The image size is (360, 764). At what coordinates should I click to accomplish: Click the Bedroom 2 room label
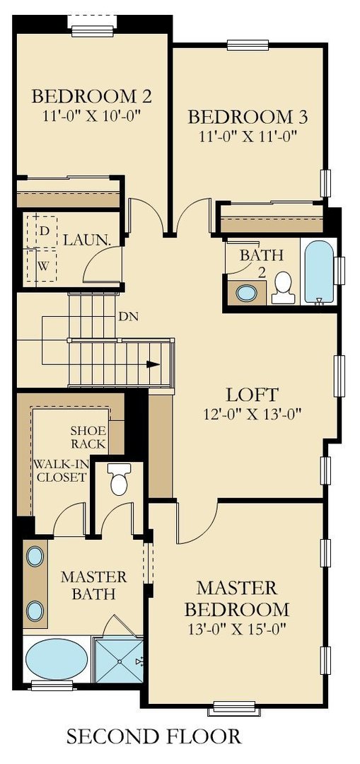pos(93,95)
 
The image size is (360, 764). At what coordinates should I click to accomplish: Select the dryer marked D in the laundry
pos(43,231)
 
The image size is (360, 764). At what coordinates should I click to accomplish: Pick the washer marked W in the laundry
pos(43,267)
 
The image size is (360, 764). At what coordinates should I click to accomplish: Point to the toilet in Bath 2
pos(283,287)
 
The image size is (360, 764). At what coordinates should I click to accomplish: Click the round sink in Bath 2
pos(247,292)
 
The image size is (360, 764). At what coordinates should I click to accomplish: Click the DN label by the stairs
pos(128,316)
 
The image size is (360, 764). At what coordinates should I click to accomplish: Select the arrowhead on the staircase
pos(152,365)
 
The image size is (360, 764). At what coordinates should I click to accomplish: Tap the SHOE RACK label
pos(88,437)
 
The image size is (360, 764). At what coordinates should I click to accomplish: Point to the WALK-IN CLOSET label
pos(60,470)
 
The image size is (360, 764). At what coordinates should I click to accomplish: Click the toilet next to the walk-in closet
pos(119,482)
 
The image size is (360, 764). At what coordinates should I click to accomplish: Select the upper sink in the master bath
pos(35,556)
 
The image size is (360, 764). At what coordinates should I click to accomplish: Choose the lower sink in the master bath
pos(35,610)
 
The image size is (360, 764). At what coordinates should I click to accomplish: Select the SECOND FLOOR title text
pos(153,736)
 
